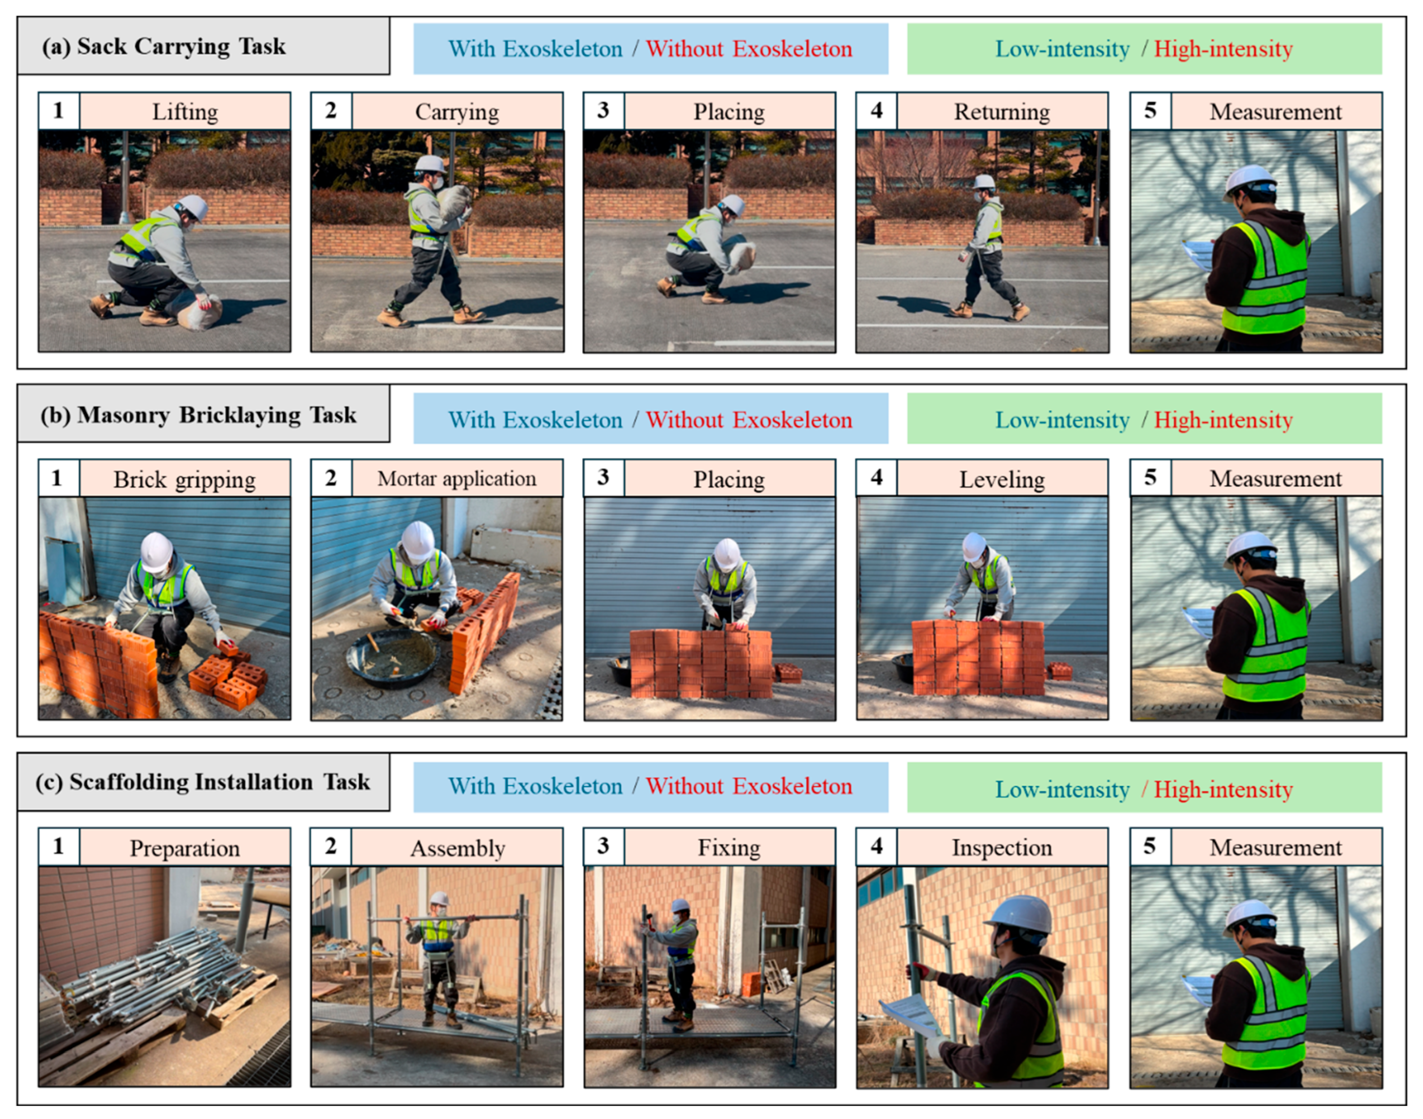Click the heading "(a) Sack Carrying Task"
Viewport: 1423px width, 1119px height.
coord(164,46)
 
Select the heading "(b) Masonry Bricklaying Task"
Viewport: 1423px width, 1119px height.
coord(199,415)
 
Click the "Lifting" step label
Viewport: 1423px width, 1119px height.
coord(185,112)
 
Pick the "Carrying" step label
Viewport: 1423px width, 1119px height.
coord(457,112)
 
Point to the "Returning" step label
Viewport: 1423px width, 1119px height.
coord(1001,112)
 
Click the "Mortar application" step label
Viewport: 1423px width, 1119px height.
coord(457,479)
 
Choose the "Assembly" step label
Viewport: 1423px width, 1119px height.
coord(457,848)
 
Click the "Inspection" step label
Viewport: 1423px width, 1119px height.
coord(1001,848)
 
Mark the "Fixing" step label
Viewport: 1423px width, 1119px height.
coord(729,848)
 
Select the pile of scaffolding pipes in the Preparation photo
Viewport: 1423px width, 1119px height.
coord(157,973)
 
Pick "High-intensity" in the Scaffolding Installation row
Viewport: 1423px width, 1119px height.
coord(1223,790)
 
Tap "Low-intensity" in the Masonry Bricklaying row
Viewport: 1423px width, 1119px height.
coord(1062,420)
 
